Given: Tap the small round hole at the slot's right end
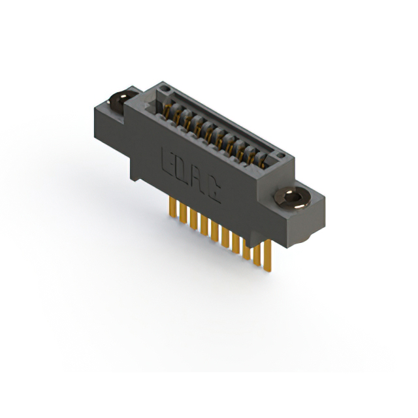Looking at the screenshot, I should [280, 155].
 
